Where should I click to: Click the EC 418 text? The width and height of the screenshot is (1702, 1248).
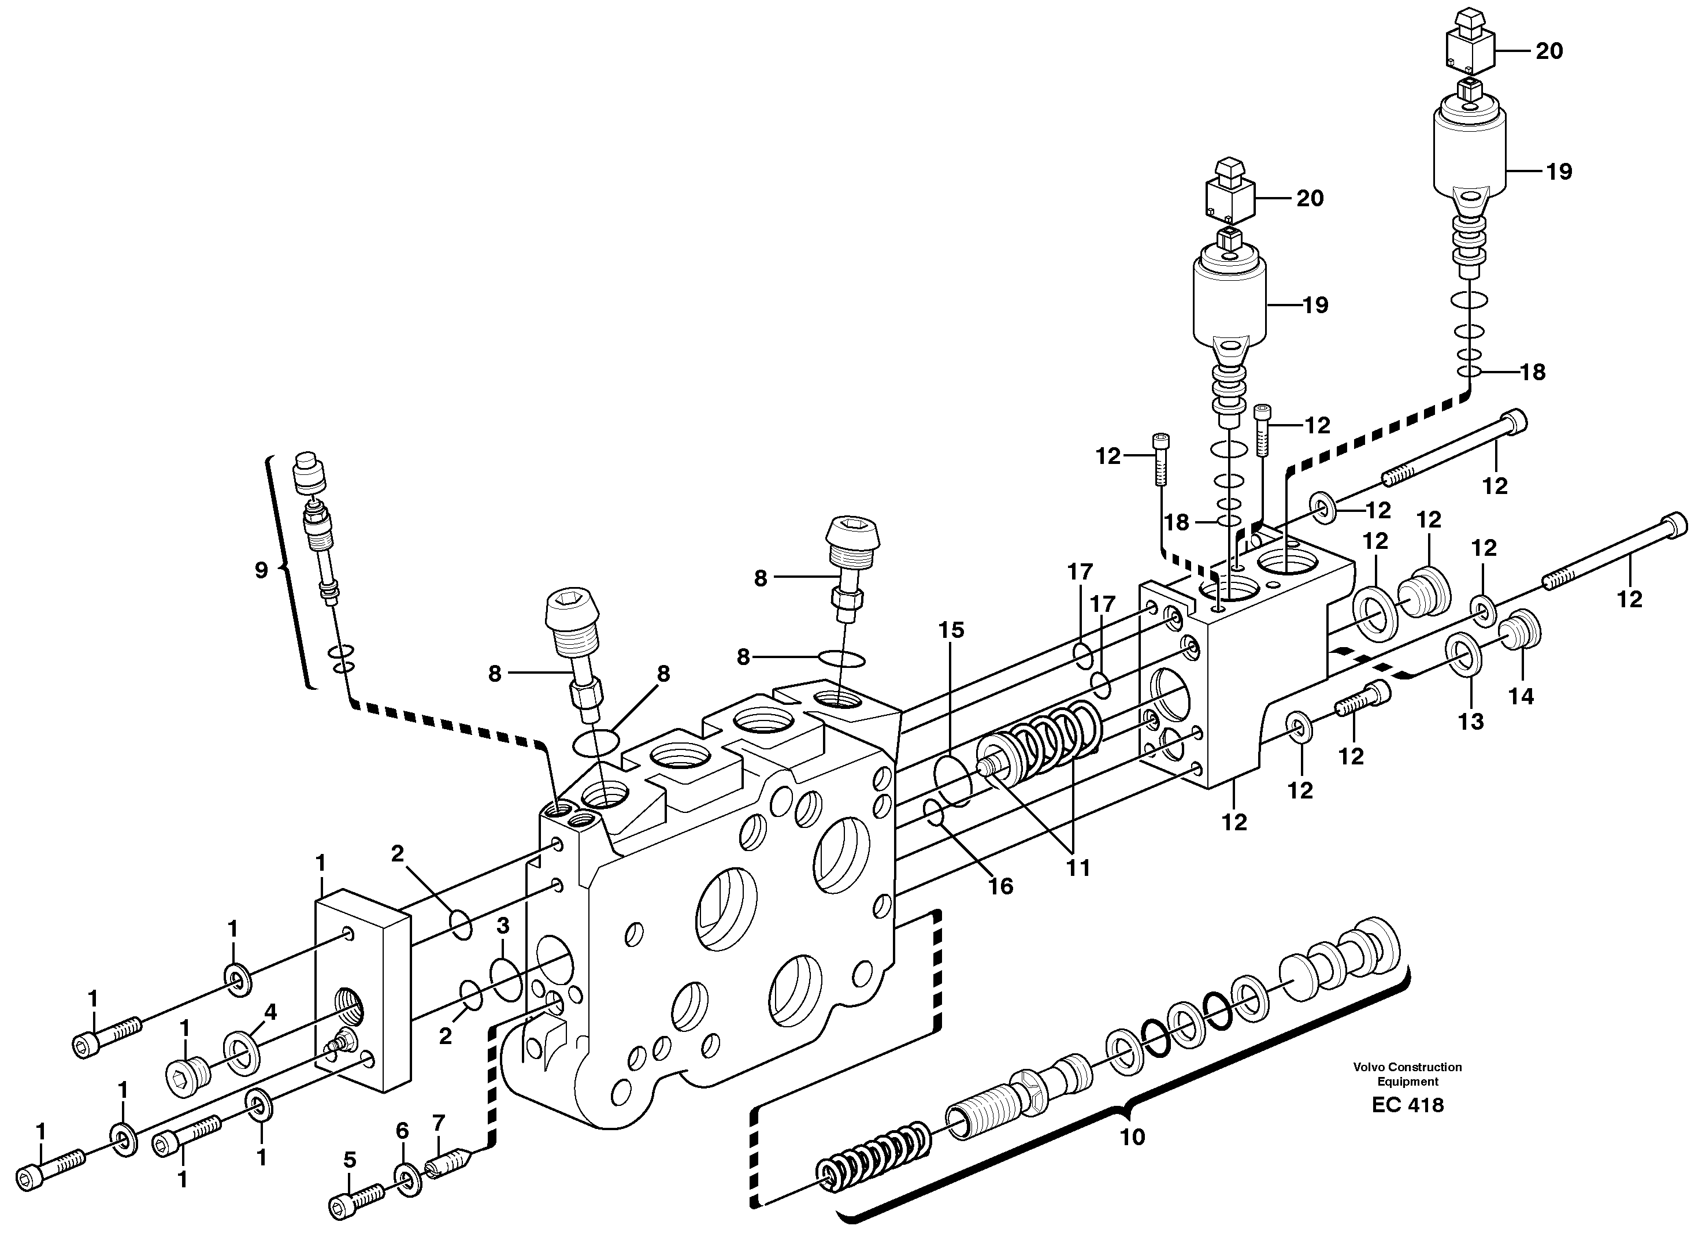point(1407,1105)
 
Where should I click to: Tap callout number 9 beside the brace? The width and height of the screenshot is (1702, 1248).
point(261,570)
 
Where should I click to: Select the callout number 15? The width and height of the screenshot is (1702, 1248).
point(951,629)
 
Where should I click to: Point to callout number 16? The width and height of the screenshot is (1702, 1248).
point(1000,886)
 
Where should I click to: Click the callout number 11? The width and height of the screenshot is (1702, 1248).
point(1078,868)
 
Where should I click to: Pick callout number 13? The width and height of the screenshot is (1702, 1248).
point(1470,722)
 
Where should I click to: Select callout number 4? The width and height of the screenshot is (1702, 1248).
point(270,1012)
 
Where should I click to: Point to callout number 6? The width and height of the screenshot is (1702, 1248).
point(402,1131)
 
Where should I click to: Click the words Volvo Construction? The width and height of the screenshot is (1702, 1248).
point(1407,1067)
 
